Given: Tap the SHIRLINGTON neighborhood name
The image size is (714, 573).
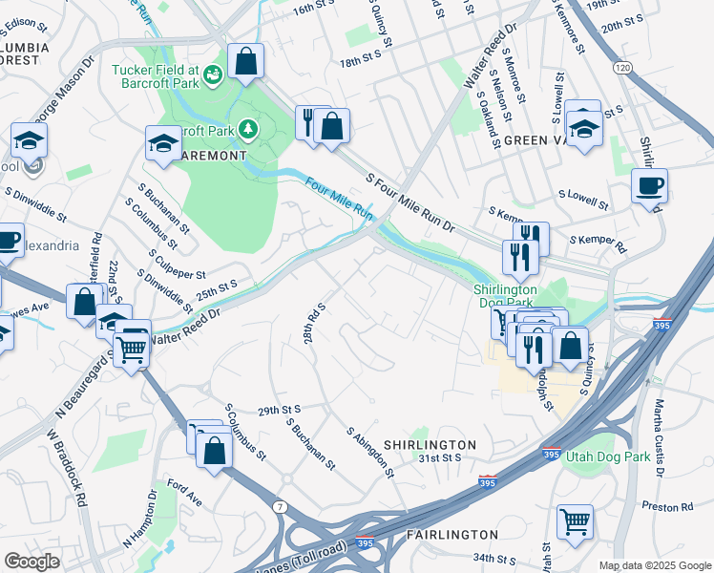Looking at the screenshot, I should pos(430,445).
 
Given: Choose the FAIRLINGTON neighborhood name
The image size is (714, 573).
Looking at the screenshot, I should pos(452,534).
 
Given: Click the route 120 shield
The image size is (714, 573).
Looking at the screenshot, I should pos(622,68).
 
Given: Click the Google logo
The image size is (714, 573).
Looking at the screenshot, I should pos(32,562).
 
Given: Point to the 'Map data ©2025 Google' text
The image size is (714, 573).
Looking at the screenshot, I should pos(654,565).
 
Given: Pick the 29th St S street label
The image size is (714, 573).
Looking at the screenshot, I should pos(280,410).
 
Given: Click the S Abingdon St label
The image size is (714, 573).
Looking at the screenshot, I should pos(371,451).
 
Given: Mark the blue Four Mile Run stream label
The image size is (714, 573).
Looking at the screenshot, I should pos(338,198).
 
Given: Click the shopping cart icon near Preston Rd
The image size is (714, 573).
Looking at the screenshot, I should pos(575,521).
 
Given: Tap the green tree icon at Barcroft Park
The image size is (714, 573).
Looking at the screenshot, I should pos(248,128).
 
